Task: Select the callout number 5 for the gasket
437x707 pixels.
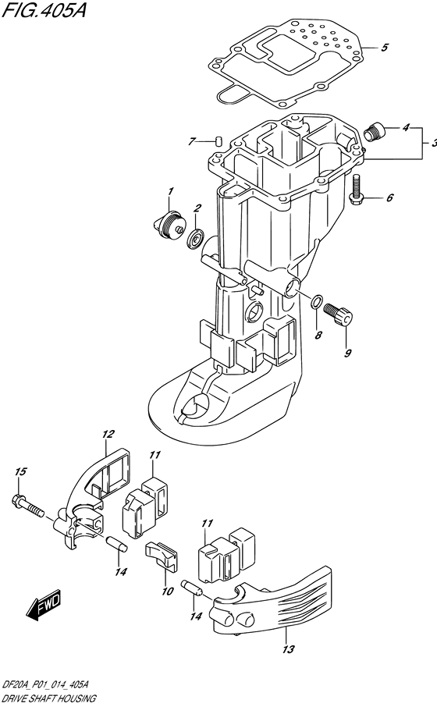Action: coord(385,48)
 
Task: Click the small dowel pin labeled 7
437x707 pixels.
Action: coord(218,141)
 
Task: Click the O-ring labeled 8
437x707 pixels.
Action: coord(316,303)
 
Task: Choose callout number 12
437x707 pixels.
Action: coord(108,434)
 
